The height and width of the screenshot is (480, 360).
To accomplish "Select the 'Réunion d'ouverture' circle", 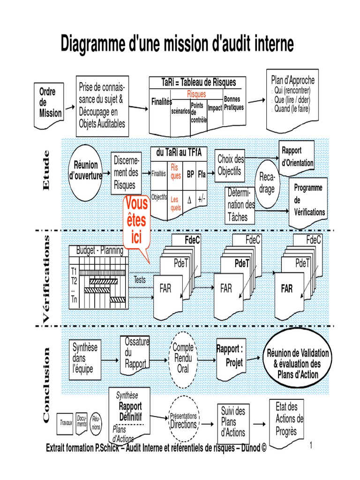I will [x=86, y=171].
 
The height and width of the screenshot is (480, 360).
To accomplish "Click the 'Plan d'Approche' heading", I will [x=293, y=80].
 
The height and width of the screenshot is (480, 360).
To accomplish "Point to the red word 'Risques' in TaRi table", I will [x=196, y=94].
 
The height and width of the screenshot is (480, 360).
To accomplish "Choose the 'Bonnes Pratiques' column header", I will [x=233, y=103].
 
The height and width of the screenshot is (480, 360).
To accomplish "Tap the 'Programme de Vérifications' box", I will [x=309, y=200].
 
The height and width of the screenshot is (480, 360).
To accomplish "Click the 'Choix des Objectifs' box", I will [x=231, y=165].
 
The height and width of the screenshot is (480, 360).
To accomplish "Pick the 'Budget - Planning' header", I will [x=99, y=251].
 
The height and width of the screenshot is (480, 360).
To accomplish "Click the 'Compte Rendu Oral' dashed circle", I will [x=183, y=358].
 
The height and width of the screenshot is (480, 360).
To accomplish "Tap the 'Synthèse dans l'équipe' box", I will [x=85, y=358].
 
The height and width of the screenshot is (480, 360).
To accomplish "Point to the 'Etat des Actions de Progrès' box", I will [x=289, y=419].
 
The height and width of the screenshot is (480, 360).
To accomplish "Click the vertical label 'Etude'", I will [x=46, y=170].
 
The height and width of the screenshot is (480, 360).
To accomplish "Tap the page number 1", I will [x=310, y=445].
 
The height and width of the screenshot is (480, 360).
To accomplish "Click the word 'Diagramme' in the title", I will [x=96, y=45].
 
